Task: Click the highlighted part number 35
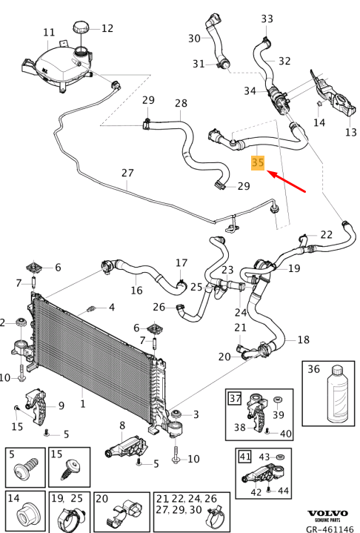tap(258, 162)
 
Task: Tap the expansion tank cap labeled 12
tap(81, 27)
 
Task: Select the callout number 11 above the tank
tap(49, 33)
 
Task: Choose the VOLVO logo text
tap(327, 514)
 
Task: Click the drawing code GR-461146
tap(330, 529)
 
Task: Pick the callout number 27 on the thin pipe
tap(127, 173)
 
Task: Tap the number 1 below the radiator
tap(82, 403)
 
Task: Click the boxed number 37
tap(235, 397)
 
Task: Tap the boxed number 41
tap(245, 457)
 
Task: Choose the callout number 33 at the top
tap(267, 19)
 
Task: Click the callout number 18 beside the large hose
tap(303, 340)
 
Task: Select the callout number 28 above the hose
tap(181, 103)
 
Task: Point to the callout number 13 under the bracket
tap(351, 132)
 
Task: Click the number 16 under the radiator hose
tap(136, 290)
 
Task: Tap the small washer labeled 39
tap(279, 400)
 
